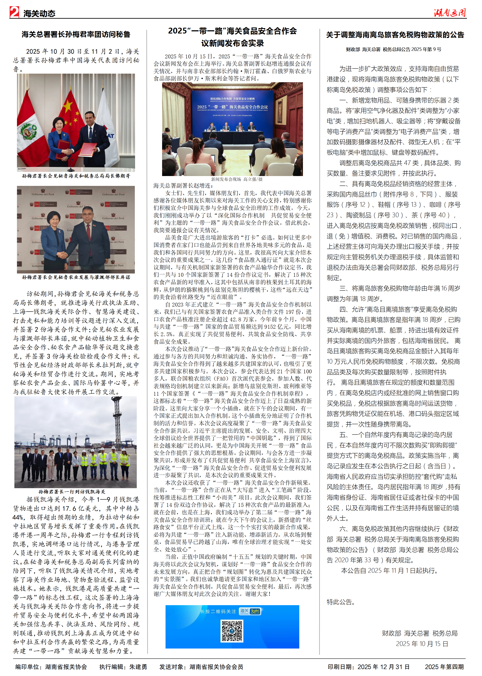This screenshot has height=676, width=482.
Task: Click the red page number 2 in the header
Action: (x=14, y=12)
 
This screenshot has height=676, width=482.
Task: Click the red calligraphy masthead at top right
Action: (x=450, y=12)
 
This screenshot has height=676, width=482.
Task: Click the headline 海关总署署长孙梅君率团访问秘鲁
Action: (x=76, y=34)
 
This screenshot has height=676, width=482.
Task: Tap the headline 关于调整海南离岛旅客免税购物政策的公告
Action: (x=395, y=35)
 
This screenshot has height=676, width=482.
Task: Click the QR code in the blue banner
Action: (x=232, y=631)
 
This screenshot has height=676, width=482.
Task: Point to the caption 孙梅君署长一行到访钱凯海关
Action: (x=72, y=492)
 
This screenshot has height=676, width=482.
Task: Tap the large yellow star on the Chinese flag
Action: (x=68, y=105)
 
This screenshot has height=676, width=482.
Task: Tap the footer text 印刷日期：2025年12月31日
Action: (x=368, y=667)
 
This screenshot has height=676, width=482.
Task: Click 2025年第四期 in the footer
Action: (x=444, y=667)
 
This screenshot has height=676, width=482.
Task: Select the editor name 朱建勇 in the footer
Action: (x=138, y=667)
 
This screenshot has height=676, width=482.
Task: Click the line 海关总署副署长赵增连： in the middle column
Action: (x=183, y=186)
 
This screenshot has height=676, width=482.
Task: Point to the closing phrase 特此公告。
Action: (x=341, y=602)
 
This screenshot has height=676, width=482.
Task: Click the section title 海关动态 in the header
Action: (x=39, y=13)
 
